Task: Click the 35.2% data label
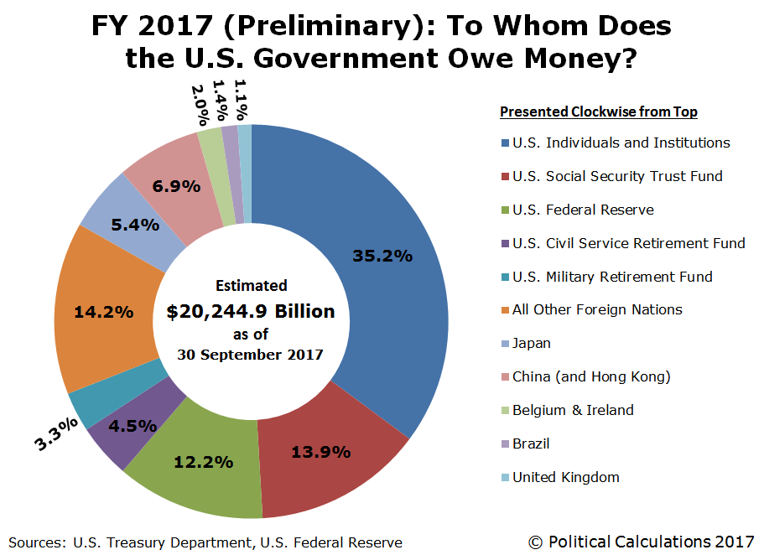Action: point(382,256)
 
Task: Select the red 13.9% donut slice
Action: point(320,453)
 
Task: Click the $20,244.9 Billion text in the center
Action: point(251,312)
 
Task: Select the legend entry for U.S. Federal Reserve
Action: point(583,210)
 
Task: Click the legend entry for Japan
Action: point(531,343)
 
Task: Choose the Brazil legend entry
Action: point(531,443)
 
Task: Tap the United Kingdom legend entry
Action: point(565,477)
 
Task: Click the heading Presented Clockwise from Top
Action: point(599,112)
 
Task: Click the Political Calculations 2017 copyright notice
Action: point(641,542)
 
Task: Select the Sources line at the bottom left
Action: point(205,542)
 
